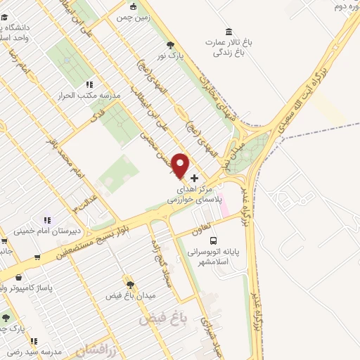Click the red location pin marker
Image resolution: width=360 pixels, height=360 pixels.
pos(181,165)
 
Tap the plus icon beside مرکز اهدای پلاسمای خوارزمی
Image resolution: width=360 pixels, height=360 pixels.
pos(195,178)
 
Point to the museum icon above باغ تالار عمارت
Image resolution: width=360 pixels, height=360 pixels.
pos(229,32)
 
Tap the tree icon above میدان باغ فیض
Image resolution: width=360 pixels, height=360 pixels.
pos(129,281)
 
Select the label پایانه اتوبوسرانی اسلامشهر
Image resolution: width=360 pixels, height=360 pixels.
pos(213,255)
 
